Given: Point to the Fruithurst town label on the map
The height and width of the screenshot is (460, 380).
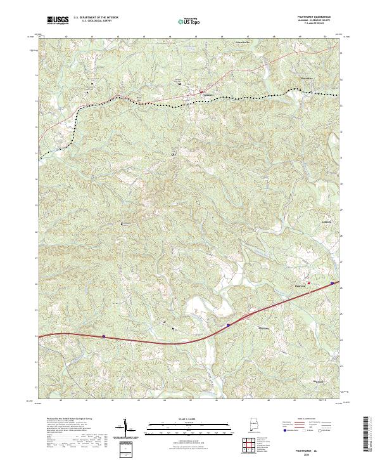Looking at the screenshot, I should (202, 95).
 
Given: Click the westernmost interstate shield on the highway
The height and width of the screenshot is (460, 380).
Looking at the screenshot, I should (103, 336).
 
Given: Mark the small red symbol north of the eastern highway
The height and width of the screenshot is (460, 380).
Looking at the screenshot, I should (309, 282).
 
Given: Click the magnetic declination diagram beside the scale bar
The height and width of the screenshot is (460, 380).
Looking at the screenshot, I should (126, 428).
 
